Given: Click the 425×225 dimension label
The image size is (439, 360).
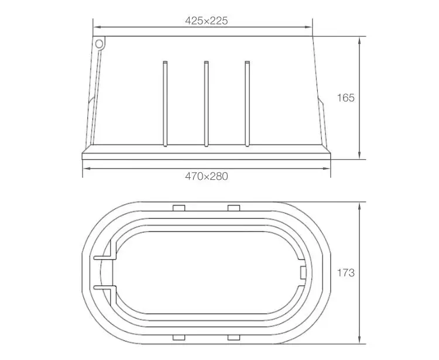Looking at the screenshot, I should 206,20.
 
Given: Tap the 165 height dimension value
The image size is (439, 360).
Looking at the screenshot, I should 346,98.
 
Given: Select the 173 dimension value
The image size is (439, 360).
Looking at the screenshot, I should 346,272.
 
